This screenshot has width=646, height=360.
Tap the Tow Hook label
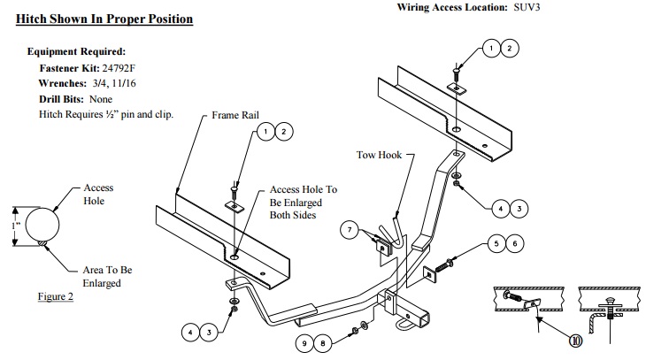tap(379, 155)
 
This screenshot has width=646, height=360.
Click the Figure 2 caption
tap(55, 297)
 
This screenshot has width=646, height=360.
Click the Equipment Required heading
tap(76, 51)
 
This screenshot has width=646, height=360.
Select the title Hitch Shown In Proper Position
tap(104, 18)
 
